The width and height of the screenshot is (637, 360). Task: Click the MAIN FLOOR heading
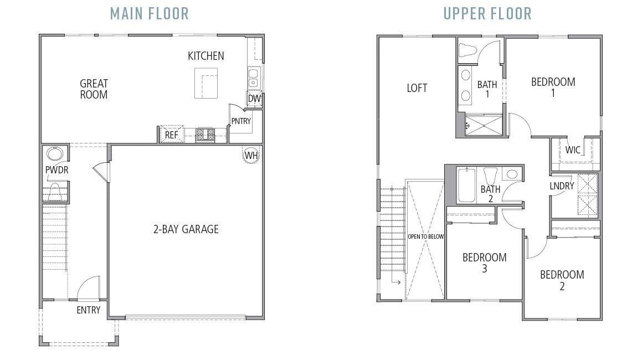pyautogui.click(x=150, y=14)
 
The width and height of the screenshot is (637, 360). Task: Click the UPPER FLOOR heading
pyautogui.click(x=487, y=14)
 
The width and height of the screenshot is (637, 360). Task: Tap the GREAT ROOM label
pyautogui.click(x=94, y=89)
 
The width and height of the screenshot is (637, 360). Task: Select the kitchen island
pyautogui.click(x=206, y=83)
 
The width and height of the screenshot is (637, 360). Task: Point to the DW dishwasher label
pyautogui.click(x=254, y=99)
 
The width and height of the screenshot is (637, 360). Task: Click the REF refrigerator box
pyautogui.click(x=172, y=135)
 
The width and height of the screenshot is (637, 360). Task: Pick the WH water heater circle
pyautogui.click(x=251, y=155)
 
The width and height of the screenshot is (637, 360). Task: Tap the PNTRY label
pyautogui.click(x=241, y=121)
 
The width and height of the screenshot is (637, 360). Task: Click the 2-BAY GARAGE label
pyautogui.click(x=186, y=229)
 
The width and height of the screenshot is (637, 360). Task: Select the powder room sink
pyautogui.click(x=54, y=153)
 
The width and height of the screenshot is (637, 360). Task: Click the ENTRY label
pyautogui.click(x=89, y=310)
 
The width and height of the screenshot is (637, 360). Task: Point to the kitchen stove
pyautogui.click(x=205, y=135)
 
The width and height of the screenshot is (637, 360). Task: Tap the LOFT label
pyautogui.click(x=417, y=88)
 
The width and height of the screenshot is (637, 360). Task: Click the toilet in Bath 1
pyautogui.click(x=467, y=50)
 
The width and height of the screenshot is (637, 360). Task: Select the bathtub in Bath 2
pyautogui.click(x=466, y=186)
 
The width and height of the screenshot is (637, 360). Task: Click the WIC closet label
pyautogui.click(x=573, y=150)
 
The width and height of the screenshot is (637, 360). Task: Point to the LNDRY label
pyautogui.click(x=562, y=186)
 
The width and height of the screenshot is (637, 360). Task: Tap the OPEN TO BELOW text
pyautogui.click(x=426, y=236)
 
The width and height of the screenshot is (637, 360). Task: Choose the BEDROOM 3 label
pyautogui.click(x=485, y=263)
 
